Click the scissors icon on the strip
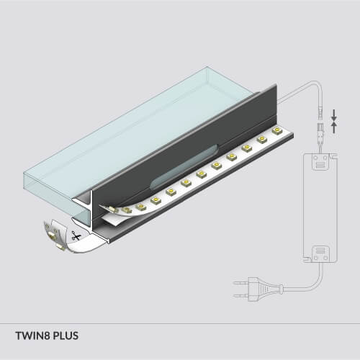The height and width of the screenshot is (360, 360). pyautogui.click(x=76, y=236)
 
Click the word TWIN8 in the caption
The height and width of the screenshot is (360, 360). pyautogui.click(x=33, y=336)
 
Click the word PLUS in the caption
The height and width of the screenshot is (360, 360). pyautogui.click(x=66, y=336)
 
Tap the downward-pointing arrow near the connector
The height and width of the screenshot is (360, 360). pyautogui.click(x=334, y=114)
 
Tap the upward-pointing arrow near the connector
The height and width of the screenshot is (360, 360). pyautogui.click(x=334, y=127)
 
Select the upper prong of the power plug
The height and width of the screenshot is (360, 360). pyautogui.click(x=240, y=283)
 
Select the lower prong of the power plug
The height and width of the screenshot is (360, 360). pyautogui.click(x=240, y=294)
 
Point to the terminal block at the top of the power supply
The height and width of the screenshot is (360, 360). pyautogui.click(x=320, y=161)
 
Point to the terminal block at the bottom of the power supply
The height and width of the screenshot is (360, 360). pyautogui.click(x=320, y=254)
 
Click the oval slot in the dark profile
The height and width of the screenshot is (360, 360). pyautogui.click(x=184, y=167)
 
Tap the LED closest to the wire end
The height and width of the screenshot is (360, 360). pyautogui.click(x=277, y=131)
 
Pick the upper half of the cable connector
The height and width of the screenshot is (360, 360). pyautogui.click(x=320, y=112)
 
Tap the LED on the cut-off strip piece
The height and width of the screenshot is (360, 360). pyautogui.click(x=52, y=235)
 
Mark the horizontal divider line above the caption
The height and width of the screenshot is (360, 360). pyautogui.click(x=180, y=323)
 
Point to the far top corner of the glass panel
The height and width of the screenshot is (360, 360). pyautogui.click(x=207, y=67)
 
